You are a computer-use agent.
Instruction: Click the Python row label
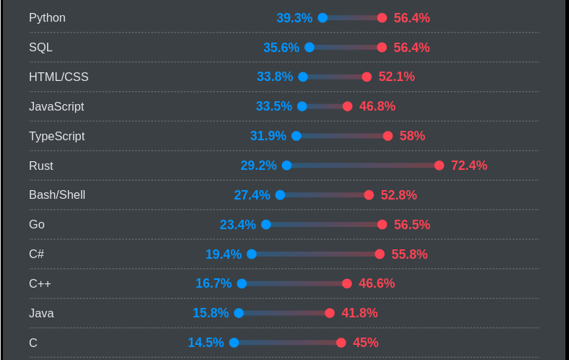click(x=47, y=18)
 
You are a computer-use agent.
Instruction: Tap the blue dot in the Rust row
click(x=286, y=166)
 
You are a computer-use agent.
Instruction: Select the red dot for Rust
click(x=439, y=166)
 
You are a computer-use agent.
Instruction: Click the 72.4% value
click(x=469, y=166)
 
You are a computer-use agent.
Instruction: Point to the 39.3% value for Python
click(x=294, y=18)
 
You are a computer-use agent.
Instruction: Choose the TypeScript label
click(x=56, y=136)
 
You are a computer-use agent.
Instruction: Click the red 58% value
click(x=412, y=136)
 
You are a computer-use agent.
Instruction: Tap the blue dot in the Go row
click(x=266, y=225)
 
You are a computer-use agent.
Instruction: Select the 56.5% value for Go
click(x=412, y=225)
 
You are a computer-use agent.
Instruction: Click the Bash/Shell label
click(x=57, y=195)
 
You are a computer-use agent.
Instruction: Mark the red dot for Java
click(x=330, y=313)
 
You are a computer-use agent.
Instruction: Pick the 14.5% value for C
click(x=206, y=343)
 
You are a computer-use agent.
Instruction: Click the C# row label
click(x=37, y=254)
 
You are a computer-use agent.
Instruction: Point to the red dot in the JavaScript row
click(x=348, y=106)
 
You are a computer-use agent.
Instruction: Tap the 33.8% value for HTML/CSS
click(x=275, y=77)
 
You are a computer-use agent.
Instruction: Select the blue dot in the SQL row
click(x=309, y=48)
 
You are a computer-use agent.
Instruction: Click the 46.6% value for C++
click(x=377, y=283)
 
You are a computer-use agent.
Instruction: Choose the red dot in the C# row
click(x=380, y=254)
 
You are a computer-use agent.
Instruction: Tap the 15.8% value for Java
click(x=210, y=313)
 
